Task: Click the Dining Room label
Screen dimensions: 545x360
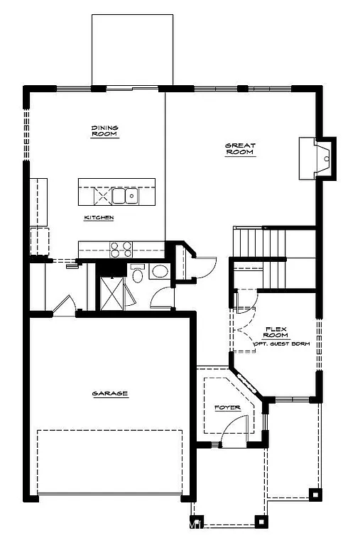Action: pyautogui.click(x=104, y=131)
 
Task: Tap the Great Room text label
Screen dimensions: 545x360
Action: pyautogui.click(x=240, y=149)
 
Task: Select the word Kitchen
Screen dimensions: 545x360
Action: pyautogui.click(x=99, y=217)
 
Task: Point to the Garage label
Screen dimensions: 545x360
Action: pyautogui.click(x=109, y=393)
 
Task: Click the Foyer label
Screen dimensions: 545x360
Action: pyautogui.click(x=227, y=407)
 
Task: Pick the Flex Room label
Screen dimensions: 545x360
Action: pyautogui.click(x=276, y=332)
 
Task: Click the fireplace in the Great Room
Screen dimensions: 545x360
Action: pyautogui.click(x=317, y=158)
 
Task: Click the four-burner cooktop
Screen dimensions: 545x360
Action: pyautogui.click(x=121, y=248)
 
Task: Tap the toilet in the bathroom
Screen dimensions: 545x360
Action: pyautogui.click(x=137, y=273)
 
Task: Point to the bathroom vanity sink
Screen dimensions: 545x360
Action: pyautogui.click(x=160, y=271)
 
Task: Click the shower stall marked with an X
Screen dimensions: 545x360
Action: pyautogui.click(x=112, y=292)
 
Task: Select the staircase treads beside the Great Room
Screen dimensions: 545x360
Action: pyautogui.click(x=249, y=245)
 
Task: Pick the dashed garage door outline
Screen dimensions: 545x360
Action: pyautogui.click(x=109, y=461)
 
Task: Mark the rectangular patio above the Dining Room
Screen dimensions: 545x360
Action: pyautogui.click(x=132, y=50)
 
